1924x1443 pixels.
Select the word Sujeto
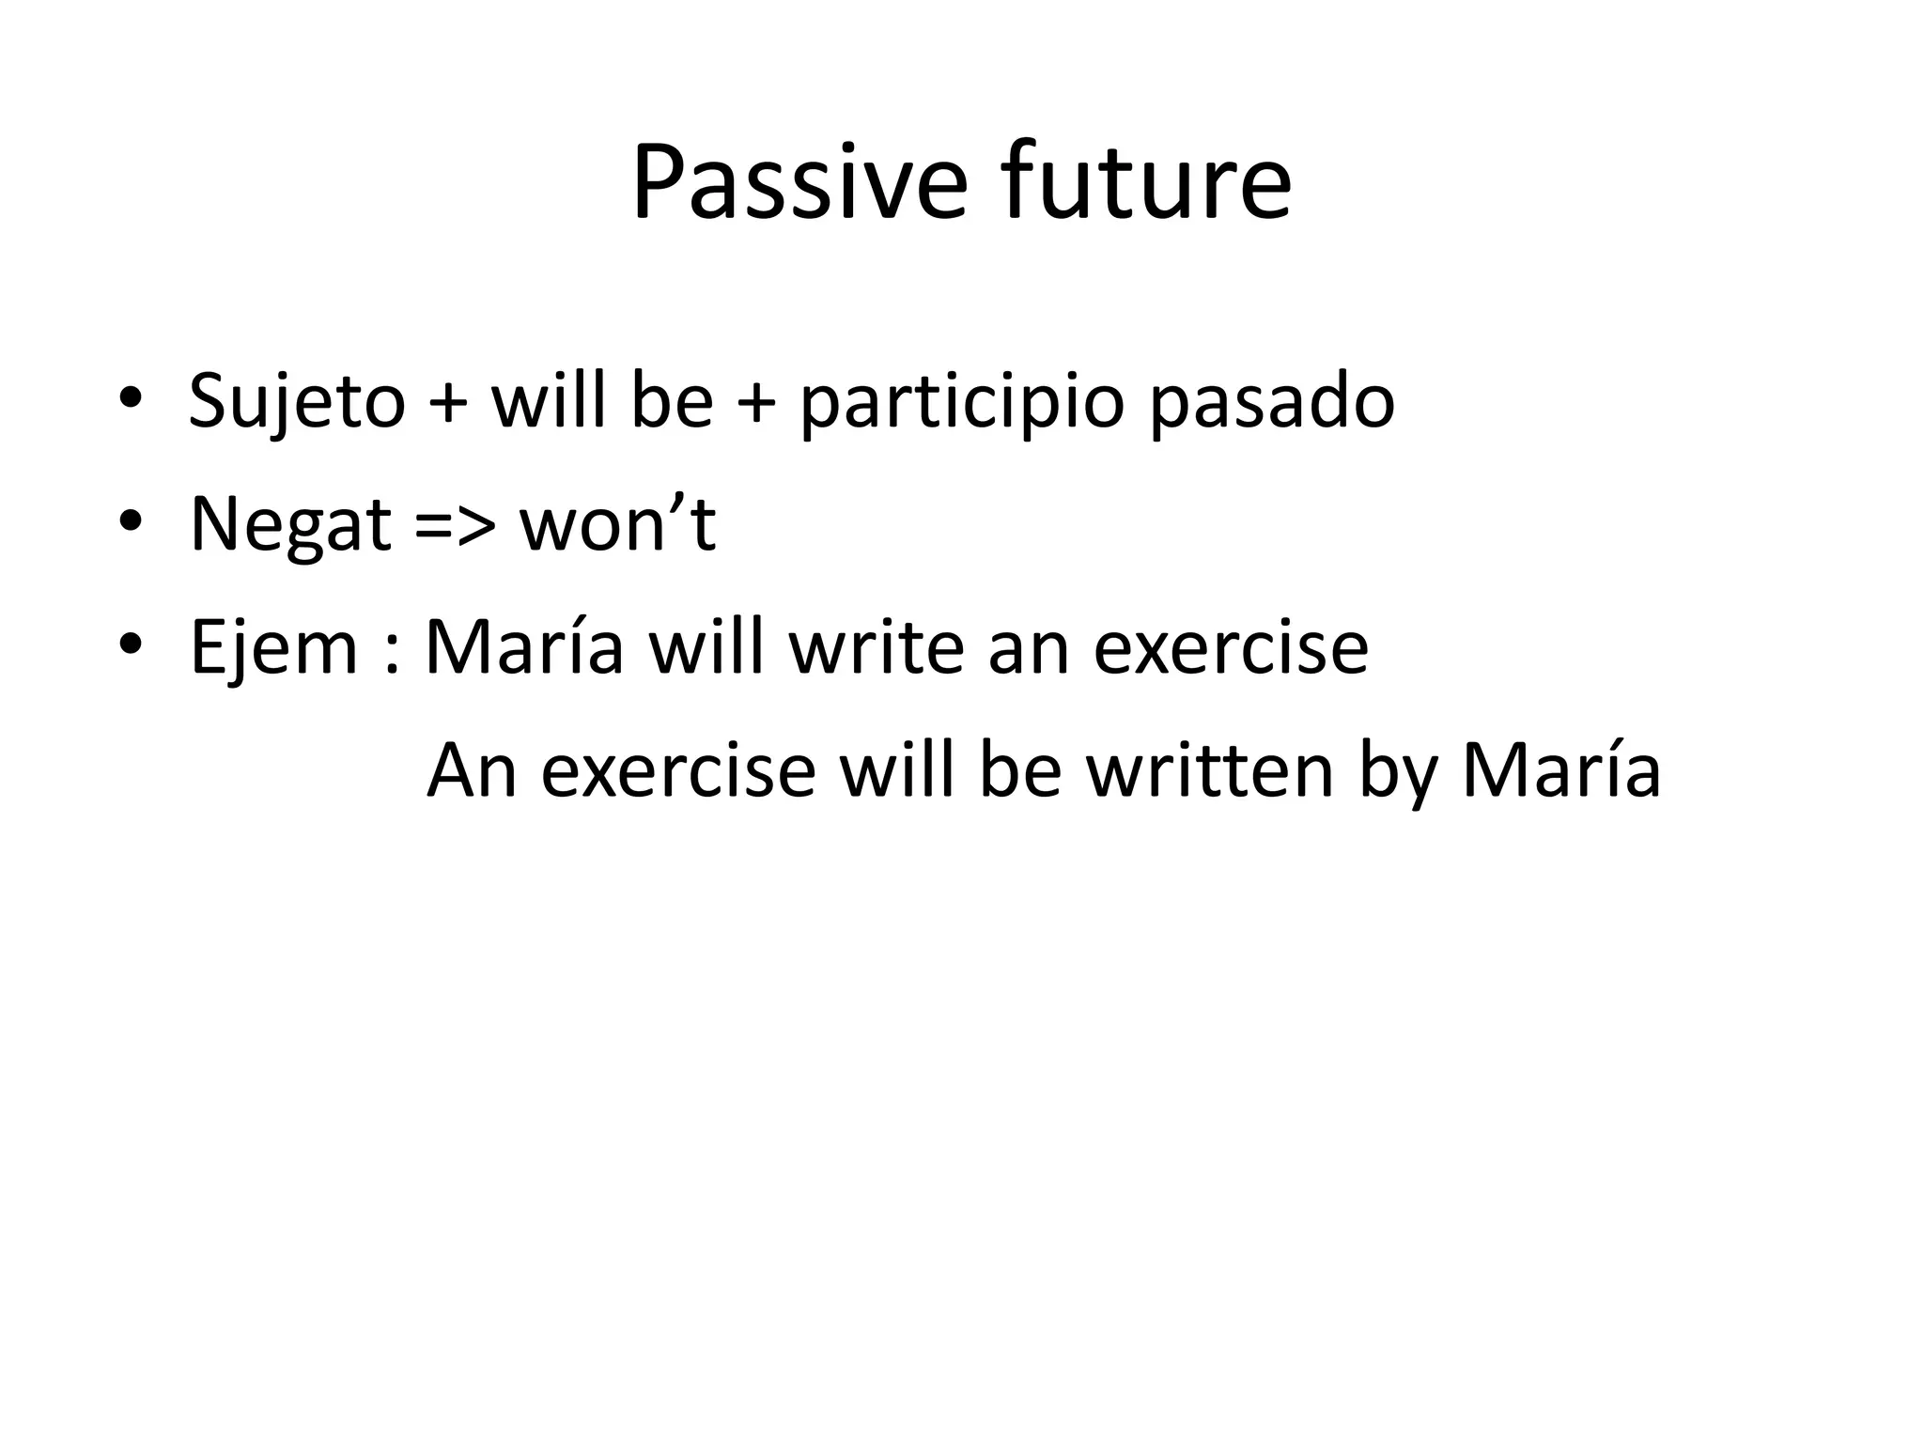(x=297, y=402)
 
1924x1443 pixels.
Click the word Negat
(x=289, y=526)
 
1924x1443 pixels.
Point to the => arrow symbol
(x=454, y=526)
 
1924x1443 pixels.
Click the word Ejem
(x=273, y=648)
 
